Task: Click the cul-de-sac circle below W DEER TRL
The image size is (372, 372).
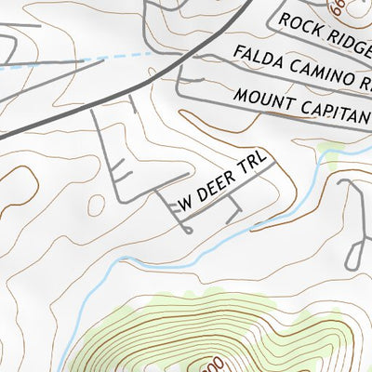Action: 190,230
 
